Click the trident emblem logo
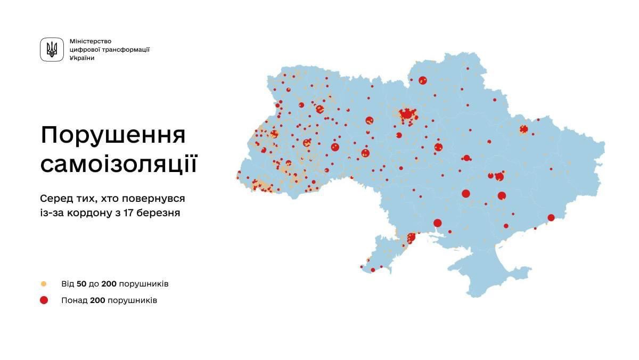click(x=52, y=50)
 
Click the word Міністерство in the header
click(x=91, y=41)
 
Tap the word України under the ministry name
click(x=82, y=58)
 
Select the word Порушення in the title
click(x=113, y=136)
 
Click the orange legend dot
click(x=44, y=284)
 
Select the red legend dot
click(x=44, y=300)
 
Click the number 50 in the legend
click(x=82, y=284)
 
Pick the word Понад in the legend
click(x=74, y=300)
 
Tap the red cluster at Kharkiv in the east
click(x=523, y=129)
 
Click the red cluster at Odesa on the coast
click(x=411, y=238)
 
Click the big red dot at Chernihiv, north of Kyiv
click(x=423, y=80)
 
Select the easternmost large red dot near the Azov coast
click(x=551, y=217)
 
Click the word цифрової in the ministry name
click(x=84, y=50)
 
